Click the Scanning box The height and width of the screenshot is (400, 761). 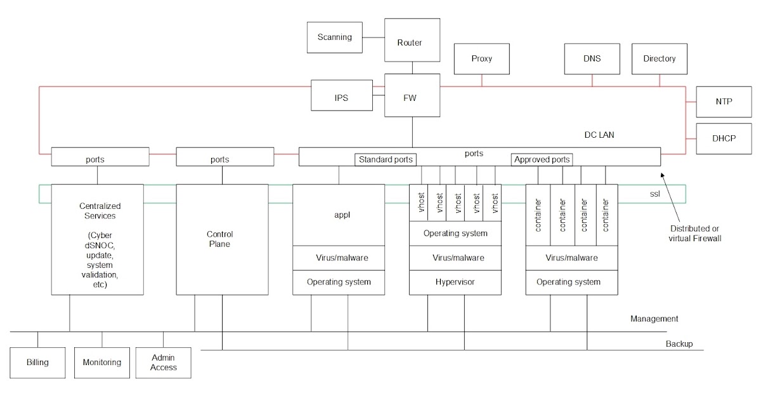tap(334, 37)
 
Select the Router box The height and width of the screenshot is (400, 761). tap(409, 43)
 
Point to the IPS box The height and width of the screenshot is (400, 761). tap(341, 98)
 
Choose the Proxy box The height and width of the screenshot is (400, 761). tap(481, 59)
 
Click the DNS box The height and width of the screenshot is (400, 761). tap(592, 59)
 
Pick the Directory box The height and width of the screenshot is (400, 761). tap(660, 59)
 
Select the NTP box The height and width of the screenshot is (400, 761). tap(723, 102)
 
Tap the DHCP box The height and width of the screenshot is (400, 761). tap(723, 138)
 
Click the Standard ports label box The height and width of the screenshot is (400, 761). tap(386, 159)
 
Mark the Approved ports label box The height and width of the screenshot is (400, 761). tap(542, 159)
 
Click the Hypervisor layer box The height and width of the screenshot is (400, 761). tap(455, 282)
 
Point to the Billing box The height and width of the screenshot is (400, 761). tap(37, 363)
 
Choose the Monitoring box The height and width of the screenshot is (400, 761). tap(101, 363)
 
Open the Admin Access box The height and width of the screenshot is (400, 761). tap(164, 363)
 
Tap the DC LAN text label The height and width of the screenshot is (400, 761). tap(599, 135)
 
